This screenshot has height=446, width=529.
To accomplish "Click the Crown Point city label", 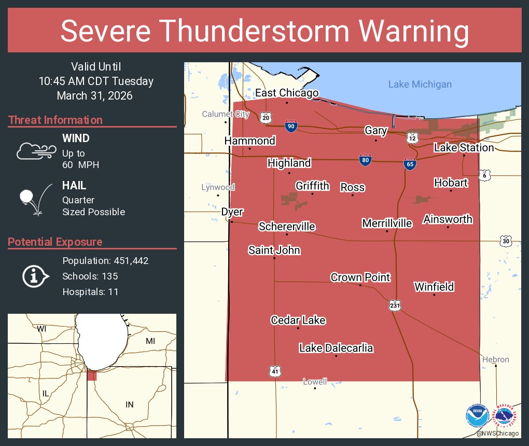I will point(360,277).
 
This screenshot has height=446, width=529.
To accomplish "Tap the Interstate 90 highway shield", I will point(291,126).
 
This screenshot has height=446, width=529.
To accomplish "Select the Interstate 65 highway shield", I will point(410,164).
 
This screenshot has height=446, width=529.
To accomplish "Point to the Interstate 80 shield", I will point(365,160).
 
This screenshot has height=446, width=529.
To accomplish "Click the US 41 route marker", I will point(275,370).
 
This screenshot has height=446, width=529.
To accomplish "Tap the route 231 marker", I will point(395,305).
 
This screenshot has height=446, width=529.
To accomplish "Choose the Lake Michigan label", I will point(420,85).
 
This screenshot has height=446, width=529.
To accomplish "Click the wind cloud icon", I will point(35,150).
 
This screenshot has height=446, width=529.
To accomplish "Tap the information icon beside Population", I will point(35,276).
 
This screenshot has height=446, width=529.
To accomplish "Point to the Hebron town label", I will point(495,359).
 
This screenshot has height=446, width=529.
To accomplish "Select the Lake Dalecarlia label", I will point(336,348).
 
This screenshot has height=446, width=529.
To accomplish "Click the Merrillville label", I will point(387,224).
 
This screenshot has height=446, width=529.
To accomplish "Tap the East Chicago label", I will point(286,93).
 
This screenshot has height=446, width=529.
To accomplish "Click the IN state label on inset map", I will point(129,405).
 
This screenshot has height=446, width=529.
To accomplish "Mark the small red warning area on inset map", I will point(92,375).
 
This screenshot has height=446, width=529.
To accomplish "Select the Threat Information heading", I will point(55,120).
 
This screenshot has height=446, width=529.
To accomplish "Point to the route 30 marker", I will point(506,241).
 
